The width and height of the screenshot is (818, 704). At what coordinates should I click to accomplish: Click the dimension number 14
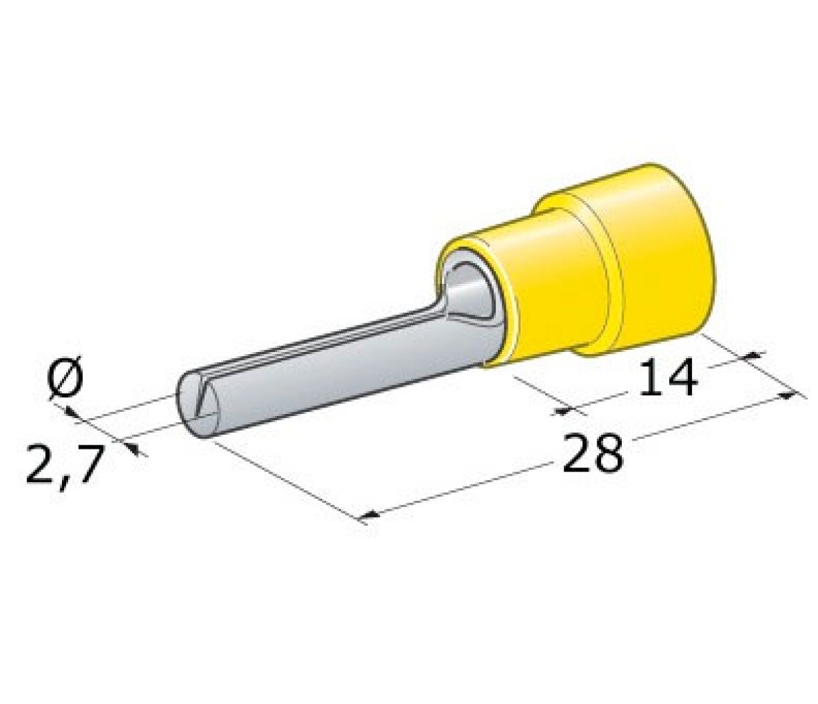pos(668,378)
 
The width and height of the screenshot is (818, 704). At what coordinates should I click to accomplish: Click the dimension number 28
pos(593,453)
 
